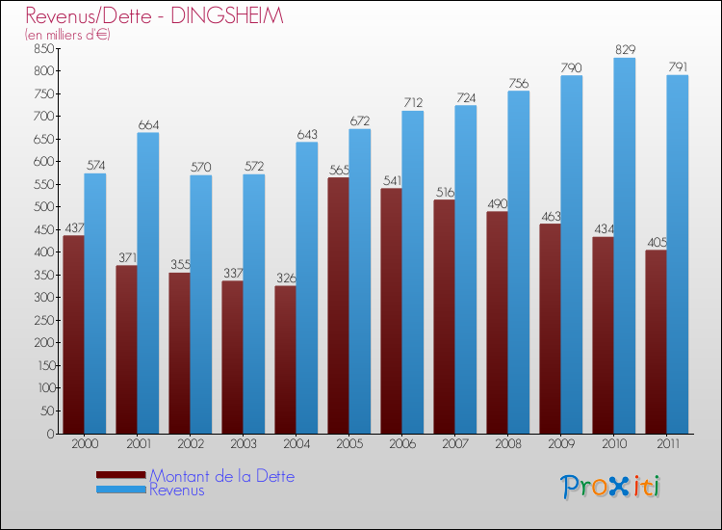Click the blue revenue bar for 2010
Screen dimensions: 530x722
(625, 246)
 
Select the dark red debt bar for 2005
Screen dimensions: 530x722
(338, 305)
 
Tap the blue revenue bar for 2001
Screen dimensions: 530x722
(147, 282)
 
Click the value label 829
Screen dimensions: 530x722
(625, 49)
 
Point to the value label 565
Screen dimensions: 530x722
(339, 170)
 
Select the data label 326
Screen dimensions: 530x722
(285, 278)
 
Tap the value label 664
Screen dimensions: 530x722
(147, 124)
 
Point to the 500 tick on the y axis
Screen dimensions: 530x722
(42, 207)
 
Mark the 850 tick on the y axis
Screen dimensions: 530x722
(42, 48)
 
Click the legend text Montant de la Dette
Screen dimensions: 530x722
(222, 476)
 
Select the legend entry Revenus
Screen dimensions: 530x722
(177, 490)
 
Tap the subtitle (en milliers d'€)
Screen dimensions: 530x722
(67, 35)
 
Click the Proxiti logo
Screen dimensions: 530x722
(611, 487)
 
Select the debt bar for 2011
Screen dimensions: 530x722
(656, 342)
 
